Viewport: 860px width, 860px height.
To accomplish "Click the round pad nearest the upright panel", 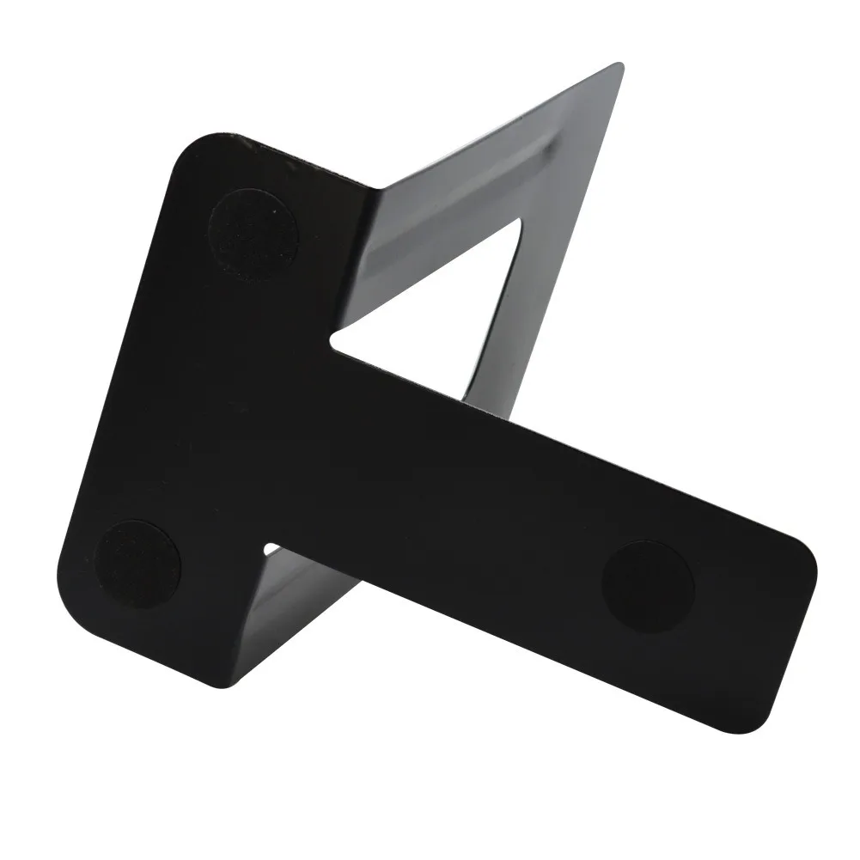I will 253,233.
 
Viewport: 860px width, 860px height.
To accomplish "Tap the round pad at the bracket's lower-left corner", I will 137,564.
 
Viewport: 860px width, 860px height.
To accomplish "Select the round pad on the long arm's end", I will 648,585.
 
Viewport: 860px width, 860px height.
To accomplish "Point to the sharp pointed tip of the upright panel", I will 616,66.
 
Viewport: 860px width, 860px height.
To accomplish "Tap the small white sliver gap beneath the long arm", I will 271,546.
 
